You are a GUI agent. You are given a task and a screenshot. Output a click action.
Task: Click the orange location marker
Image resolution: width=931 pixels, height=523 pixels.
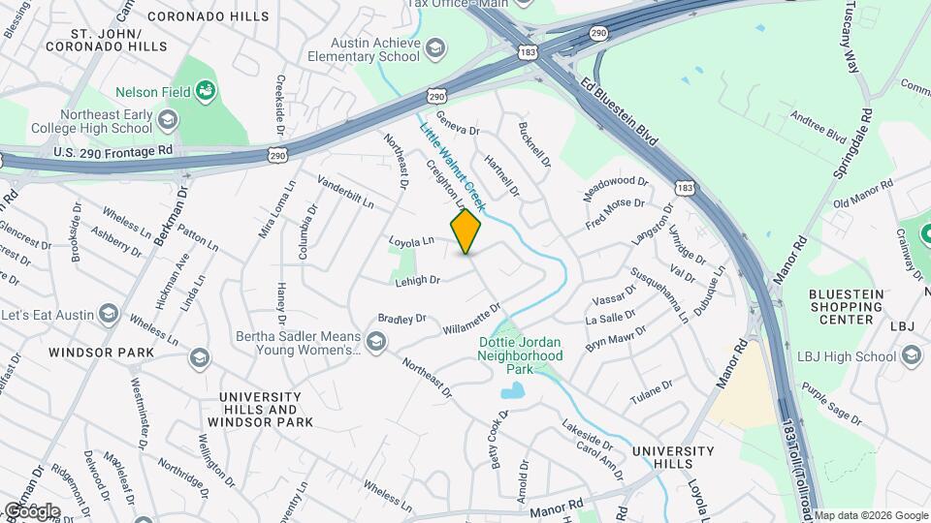tap(466, 231)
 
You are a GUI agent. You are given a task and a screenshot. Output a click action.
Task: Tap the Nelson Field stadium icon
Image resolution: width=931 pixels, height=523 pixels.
tap(206, 92)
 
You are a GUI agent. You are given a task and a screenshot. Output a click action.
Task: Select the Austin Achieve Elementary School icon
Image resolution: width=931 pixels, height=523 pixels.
tap(435, 47)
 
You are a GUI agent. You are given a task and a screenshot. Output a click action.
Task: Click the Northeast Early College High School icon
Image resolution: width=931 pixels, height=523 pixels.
tap(168, 120)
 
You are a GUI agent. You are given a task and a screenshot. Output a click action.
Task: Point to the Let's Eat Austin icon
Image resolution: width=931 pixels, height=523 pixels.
tap(108, 316)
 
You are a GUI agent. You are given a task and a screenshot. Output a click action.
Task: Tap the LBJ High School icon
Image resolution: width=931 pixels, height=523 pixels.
tap(912, 356)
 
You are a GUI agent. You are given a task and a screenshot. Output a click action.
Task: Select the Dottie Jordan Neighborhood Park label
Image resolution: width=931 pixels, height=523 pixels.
tap(520, 355)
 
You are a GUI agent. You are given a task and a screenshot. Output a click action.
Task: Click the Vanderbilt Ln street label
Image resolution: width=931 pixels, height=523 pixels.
tap(345, 192)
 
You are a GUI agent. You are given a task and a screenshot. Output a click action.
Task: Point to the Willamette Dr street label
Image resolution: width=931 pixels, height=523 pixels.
tap(471, 321)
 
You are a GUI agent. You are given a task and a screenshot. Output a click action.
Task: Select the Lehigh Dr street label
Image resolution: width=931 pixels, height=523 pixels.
tap(418, 280)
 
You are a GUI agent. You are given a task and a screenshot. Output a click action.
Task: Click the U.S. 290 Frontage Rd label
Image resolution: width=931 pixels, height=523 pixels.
tap(113, 151)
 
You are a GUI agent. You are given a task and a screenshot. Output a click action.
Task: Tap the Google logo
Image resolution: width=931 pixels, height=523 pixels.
tap(31, 510)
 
